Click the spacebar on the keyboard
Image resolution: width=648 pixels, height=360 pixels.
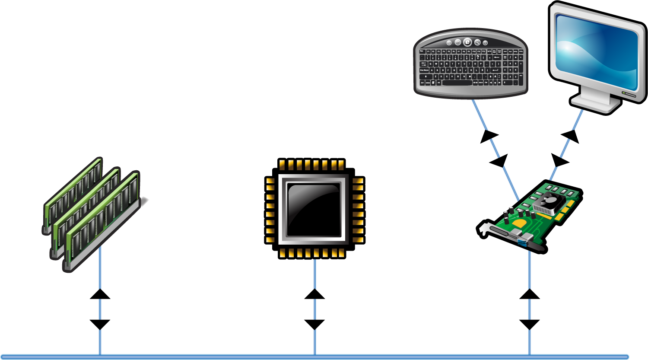[x=457, y=83]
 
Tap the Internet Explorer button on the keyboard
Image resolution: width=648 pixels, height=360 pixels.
[x=467, y=42]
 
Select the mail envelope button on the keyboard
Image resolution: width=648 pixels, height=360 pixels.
[x=458, y=42]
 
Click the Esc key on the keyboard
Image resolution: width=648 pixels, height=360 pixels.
[x=422, y=51]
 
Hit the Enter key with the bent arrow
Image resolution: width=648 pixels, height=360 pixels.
[x=496, y=70]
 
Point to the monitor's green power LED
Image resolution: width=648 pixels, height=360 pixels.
[x=623, y=92]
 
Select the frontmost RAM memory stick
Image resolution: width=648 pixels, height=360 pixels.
[x=104, y=216]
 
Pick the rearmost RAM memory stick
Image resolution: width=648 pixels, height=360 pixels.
[x=73, y=190]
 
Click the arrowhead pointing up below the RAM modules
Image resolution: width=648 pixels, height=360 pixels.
[x=100, y=293]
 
